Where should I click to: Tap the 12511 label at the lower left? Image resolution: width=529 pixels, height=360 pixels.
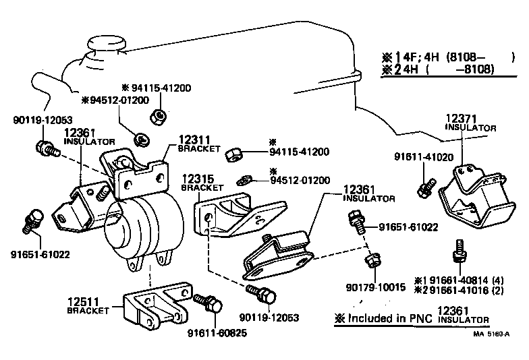pos(84,301)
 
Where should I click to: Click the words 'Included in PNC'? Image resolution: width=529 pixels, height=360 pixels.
pos(389,316)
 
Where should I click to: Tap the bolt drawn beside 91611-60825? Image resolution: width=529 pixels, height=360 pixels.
pos(208,303)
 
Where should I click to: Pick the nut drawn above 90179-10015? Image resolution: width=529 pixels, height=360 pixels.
pos(372,260)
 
